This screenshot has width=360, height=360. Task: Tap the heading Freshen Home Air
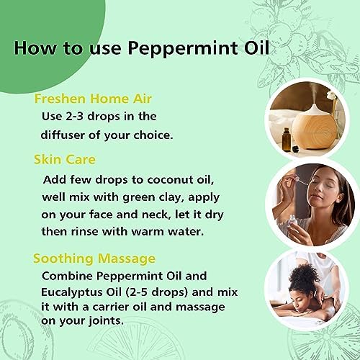coord(93,99)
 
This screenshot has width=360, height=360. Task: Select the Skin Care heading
coord(65,160)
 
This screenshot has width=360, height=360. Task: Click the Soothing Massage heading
coord(94,259)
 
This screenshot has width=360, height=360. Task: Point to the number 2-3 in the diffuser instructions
coord(72,117)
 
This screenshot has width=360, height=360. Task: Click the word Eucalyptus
coord(71,293)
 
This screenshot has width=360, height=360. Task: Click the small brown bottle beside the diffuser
coord(287,140)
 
